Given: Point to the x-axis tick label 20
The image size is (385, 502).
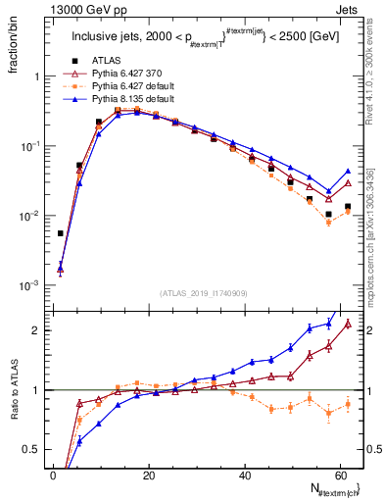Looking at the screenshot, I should (x=149, y=476).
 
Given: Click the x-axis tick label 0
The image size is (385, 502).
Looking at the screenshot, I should (x=53, y=476).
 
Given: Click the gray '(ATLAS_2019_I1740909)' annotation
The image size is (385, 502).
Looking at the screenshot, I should (x=202, y=293).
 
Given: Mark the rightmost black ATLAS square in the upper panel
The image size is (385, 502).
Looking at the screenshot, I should (x=347, y=207).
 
